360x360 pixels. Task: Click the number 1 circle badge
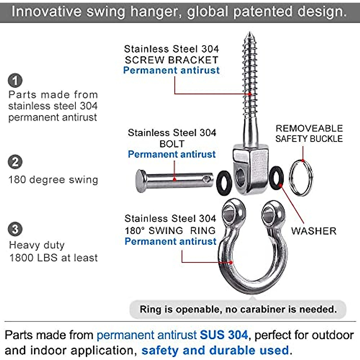point(15,80)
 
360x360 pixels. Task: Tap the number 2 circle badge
point(15,162)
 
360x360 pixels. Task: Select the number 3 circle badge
point(15,229)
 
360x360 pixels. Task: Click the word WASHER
point(313,231)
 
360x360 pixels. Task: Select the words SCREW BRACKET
point(172,60)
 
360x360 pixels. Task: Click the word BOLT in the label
point(172,144)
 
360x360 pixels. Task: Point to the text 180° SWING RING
point(170,230)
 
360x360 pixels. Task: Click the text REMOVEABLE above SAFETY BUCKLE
point(309,128)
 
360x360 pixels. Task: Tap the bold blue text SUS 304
point(224,335)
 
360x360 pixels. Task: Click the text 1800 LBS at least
point(53,258)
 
